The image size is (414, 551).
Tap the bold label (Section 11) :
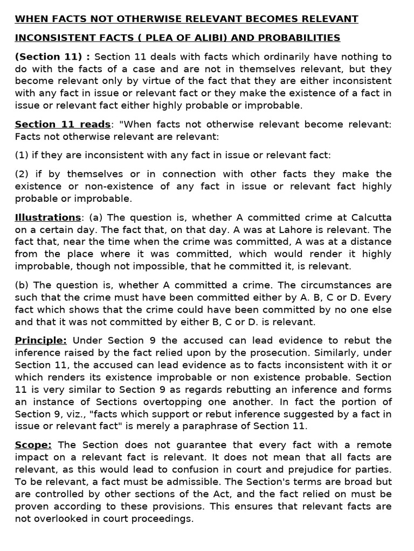click(x=52, y=56)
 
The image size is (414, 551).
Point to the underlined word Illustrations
click(x=47, y=217)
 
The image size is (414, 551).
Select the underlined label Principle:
click(x=41, y=341)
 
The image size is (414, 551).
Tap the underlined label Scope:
click(x=33, y=445)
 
